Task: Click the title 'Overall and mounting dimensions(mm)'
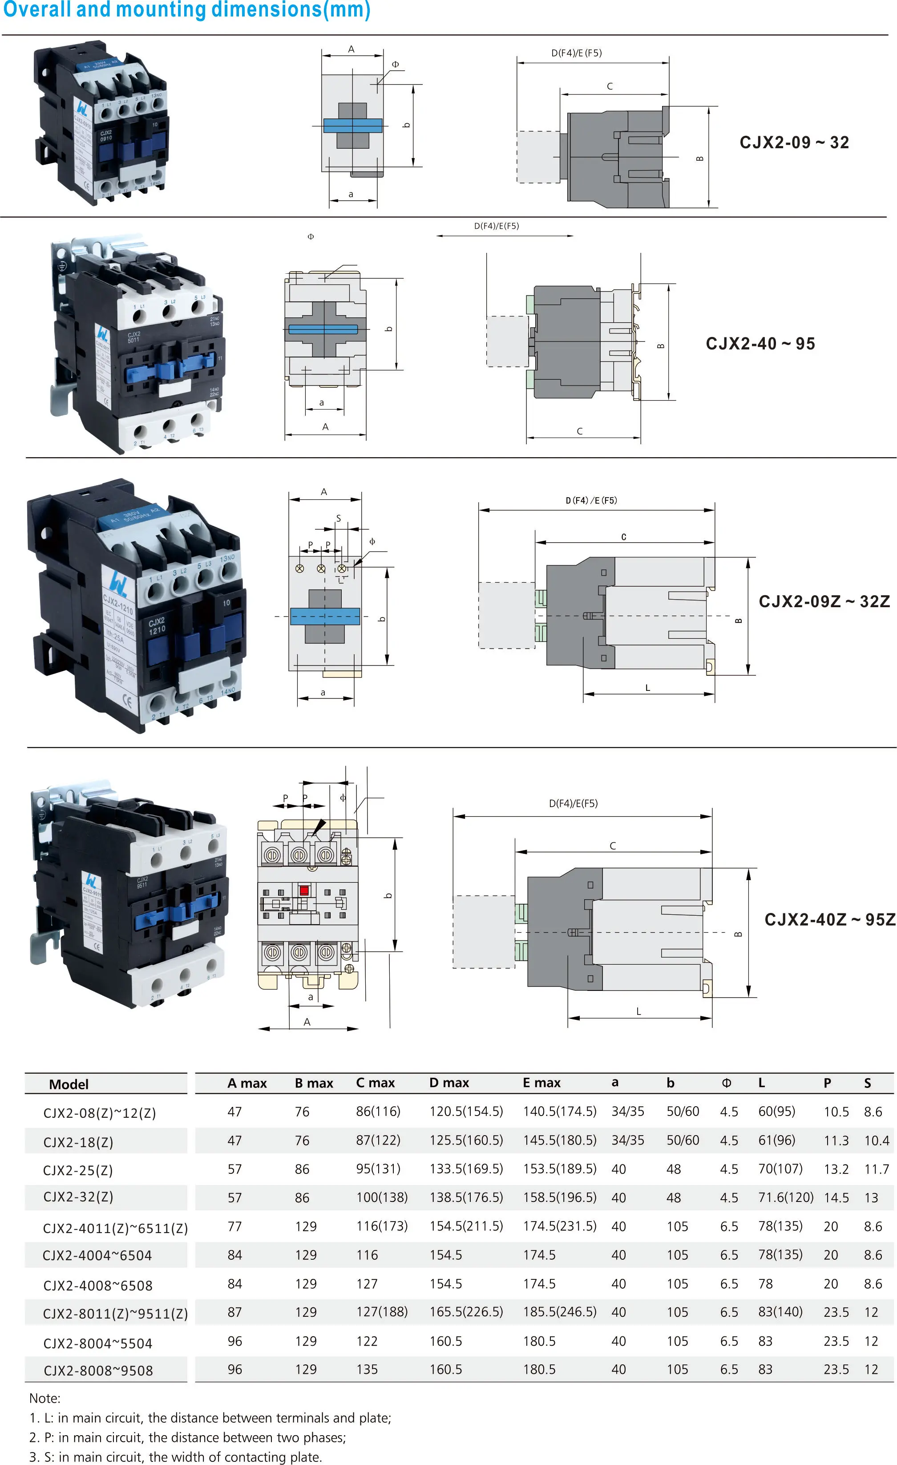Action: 186,10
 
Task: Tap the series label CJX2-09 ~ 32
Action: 794,143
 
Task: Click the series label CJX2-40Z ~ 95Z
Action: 829,920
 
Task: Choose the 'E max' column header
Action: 541,1083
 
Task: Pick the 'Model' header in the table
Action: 69,1084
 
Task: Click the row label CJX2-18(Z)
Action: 78,1141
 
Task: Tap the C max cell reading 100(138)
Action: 382,1197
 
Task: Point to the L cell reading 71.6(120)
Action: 785,1197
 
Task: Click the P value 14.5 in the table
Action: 836,1197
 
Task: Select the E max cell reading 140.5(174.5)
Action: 559,1111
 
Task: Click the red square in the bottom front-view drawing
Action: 304,890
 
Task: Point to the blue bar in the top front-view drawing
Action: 352,126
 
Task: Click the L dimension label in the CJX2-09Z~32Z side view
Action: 647,687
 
